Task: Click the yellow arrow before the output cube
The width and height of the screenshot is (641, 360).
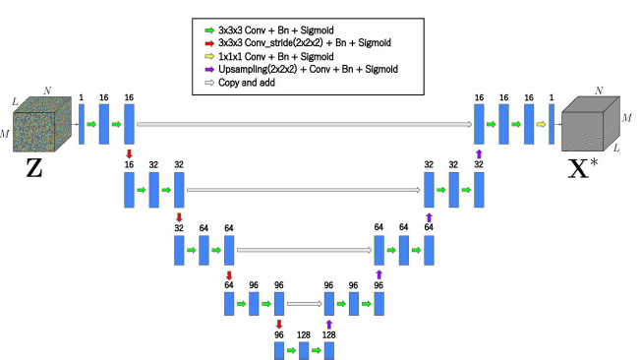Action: pyautogui.click(x=540, y=124)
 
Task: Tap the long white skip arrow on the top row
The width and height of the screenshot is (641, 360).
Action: pyautogui.click(x=306, y=124)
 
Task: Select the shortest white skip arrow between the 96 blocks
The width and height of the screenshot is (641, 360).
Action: pyautogui.click(x=304, y=305)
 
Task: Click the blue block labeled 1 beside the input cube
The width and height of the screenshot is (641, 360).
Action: pyautogui.click(x=82, y=124)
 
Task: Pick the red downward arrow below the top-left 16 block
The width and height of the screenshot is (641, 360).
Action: pyautogui.click(x=129, y=154)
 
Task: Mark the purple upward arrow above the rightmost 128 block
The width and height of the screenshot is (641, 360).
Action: pyautogui.click(x=329, y=324)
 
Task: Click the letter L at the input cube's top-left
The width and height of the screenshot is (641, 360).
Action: pyautogui.click(x=14, y=101)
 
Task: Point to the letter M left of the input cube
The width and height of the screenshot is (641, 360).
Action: pyautogui.click(x=9, y=132)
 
